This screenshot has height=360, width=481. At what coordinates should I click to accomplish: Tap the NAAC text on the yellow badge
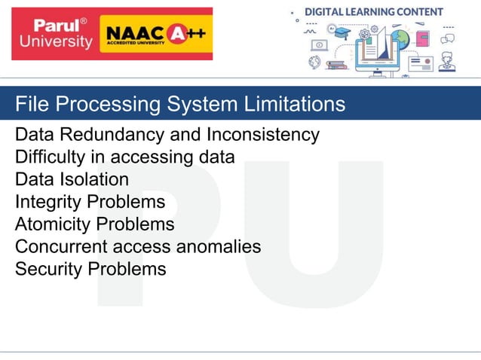point(132,33)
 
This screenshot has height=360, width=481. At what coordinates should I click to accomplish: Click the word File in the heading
point(30,103)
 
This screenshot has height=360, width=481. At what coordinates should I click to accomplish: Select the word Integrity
point(47,202)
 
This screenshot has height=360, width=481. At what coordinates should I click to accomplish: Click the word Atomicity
point(51,224)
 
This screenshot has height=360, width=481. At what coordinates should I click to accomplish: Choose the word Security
point(48,269)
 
